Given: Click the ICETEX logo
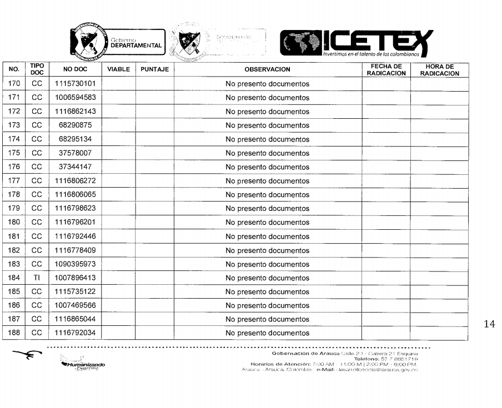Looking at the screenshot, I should pos(355,43).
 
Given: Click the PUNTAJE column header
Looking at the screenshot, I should pos(154,70).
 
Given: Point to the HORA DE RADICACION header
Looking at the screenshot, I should pos(439,70).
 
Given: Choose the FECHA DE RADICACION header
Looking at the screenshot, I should pos(386,70).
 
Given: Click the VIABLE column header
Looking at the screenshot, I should pos(118,70).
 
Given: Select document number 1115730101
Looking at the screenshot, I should pos(75,84).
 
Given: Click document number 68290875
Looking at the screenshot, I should pos(75,125).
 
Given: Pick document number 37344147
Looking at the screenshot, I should pos(75,167).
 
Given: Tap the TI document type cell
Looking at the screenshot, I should pos(37,278).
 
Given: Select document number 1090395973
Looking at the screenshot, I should pos(75,264).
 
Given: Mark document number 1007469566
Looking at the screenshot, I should pos(75,306).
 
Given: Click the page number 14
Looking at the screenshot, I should pos(489,324).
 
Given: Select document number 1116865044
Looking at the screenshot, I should pos(75,319).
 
